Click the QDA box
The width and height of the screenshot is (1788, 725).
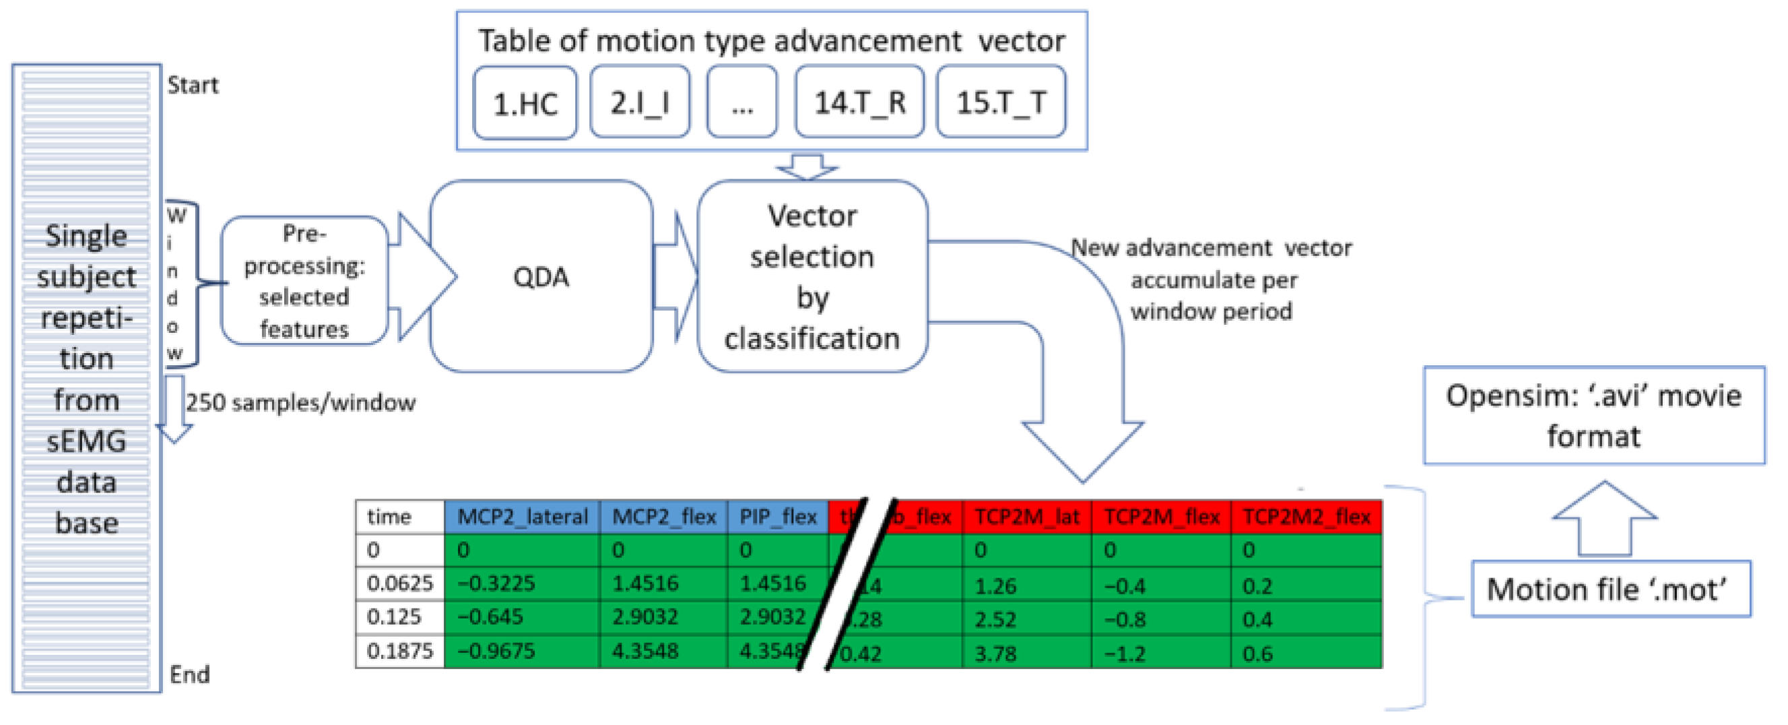click(541, 276)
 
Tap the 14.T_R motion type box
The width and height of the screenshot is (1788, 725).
click(859, 103)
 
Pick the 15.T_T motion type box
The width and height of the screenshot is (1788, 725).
click(1000, 103)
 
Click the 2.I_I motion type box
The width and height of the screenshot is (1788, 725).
click(639, 103)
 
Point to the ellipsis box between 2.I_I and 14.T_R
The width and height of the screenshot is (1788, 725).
click(741, 103)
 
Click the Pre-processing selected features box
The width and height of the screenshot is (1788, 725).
click(304, 280)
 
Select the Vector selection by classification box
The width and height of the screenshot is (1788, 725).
click(812, 276)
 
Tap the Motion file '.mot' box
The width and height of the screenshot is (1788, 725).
click(1610, 590)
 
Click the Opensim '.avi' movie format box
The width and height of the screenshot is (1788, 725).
click(1593, 415)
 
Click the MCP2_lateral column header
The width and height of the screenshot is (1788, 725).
click(522, 517)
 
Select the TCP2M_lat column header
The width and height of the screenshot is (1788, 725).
click(1026, 517)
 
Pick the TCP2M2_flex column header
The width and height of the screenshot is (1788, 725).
click(1306, 517)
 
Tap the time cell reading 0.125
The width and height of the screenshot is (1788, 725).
click(393, 617)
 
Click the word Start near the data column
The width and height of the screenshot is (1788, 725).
click(192, 86)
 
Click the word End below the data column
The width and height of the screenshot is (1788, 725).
click(189, 674)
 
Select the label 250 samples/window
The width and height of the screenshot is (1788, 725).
click(300, 402)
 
